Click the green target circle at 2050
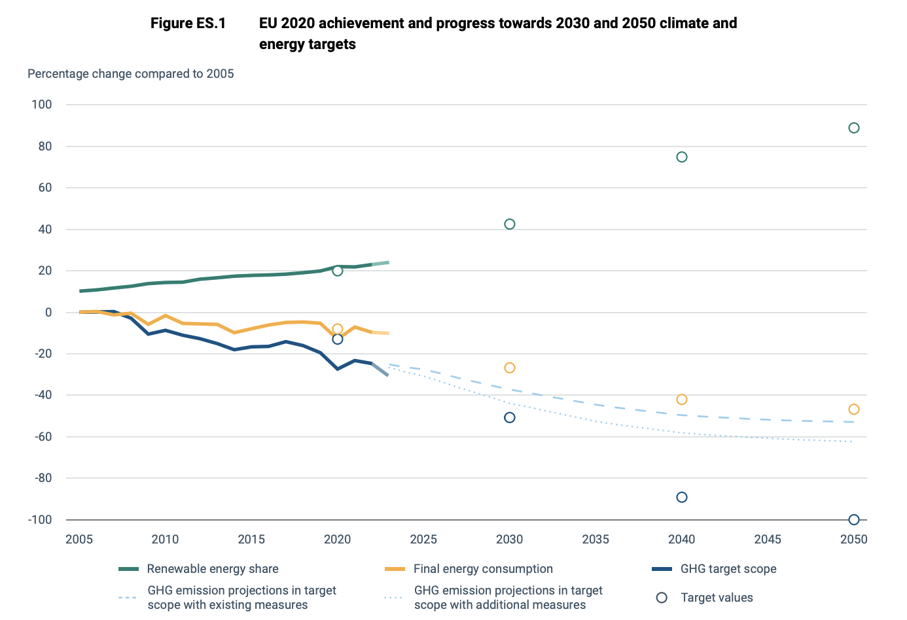pos(853,128)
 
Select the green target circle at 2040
pos(681,157)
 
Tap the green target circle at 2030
pos(510,224)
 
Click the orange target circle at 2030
pos(510,368)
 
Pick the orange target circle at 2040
pos(681,400)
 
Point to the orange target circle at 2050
pos(853,409)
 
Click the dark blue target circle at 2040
pos(681,498)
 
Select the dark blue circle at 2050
pos(853,520)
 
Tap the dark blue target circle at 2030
pos(510,418)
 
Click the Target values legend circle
pos(662,598)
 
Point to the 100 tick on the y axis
pos(41,105)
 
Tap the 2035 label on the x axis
pos(596,540)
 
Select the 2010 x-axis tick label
pos(165,540)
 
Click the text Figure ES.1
pos(188,24)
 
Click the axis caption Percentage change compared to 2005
pos(130,74)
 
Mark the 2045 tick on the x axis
pos(768,540)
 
